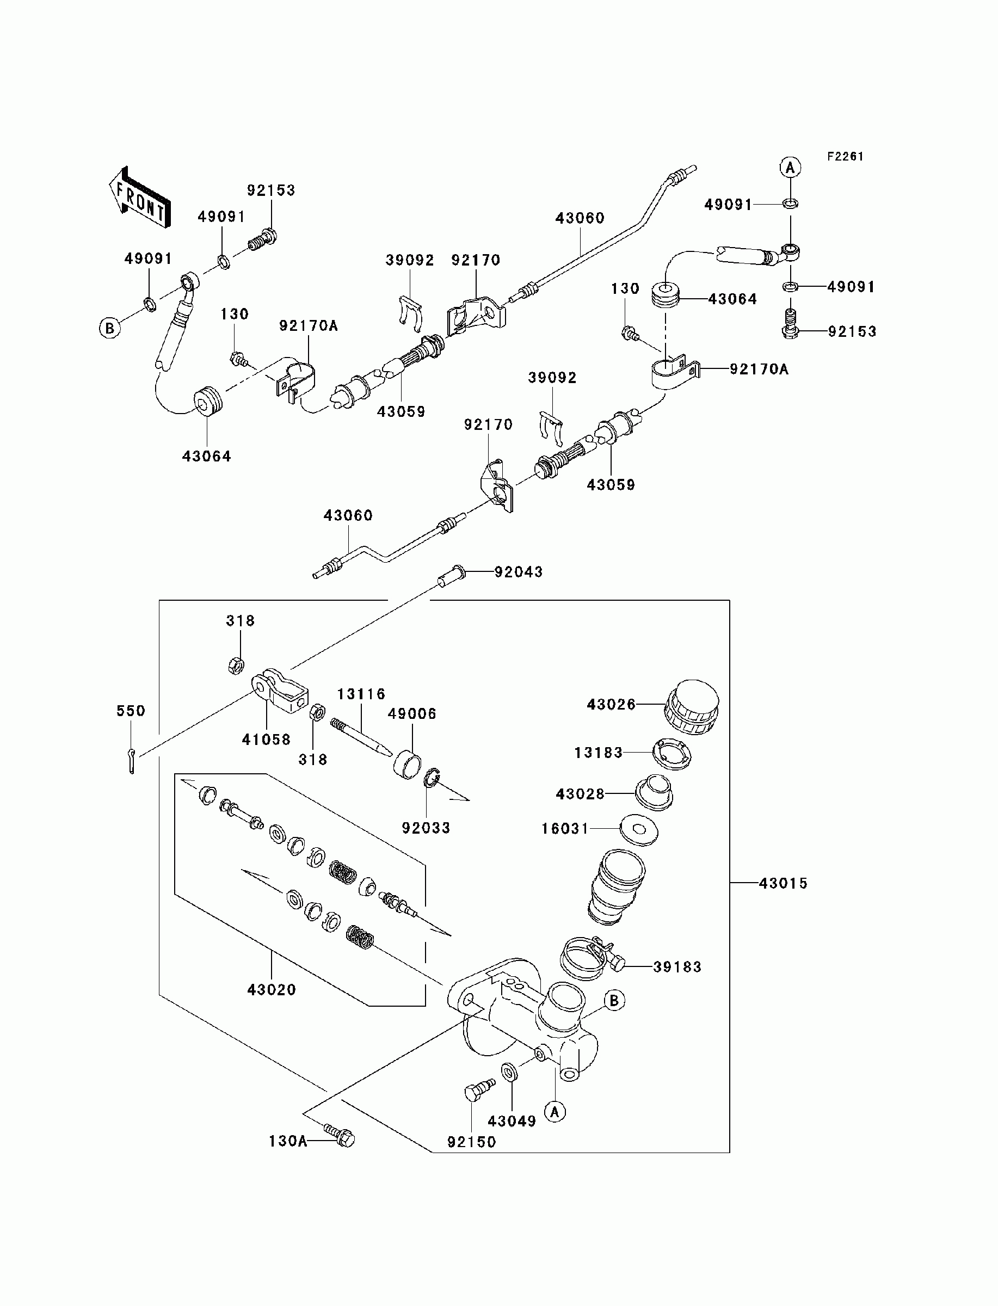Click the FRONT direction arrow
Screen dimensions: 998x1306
[x=140, y=197]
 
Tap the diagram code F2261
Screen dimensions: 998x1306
[x=845, y=156]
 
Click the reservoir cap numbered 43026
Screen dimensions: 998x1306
[x=691, y=708]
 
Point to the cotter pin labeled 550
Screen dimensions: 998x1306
[x=131, y=761]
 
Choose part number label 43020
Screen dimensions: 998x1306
[x=272, y=989]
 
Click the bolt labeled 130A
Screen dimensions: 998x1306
[x=339, y=1136]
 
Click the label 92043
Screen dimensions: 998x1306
[x=519, y=572]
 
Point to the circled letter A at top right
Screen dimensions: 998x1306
[x=790, y=168]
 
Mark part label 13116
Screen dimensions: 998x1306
[x=361, y=694]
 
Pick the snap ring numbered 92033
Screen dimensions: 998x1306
[x=432, y=777]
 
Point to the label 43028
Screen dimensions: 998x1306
[x=580, y=794]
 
